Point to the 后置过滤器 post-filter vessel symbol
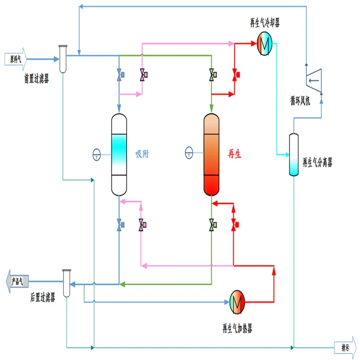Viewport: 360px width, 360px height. pyautogui.click(x=67, y=283)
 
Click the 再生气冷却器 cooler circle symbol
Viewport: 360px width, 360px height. pyautogui.click(x=264, y=43)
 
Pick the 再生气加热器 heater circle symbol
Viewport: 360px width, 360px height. pyautogui.click(x=237, y=301)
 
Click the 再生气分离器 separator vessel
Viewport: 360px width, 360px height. pyautogui.click(x=294, y=155)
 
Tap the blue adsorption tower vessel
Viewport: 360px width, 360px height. pyautogui.click(x=119, y=155)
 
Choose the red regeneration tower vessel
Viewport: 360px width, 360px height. pyautogui.click(x=211, y=155)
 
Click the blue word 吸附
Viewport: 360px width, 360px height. pyautogui.click(x=143, y=155)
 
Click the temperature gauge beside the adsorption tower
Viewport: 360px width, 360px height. pyautogui.click(x=96, y=154)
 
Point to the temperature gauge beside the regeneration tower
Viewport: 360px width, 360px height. pyautogui.click(x=189, y=154)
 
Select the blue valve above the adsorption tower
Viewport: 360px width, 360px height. pyautogui.click(x=120, y=75)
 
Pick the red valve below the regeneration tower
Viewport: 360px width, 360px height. pyautogui.click(x=235, y=224)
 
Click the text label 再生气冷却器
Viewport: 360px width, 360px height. pyautogui.click(x=265, y=24)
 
